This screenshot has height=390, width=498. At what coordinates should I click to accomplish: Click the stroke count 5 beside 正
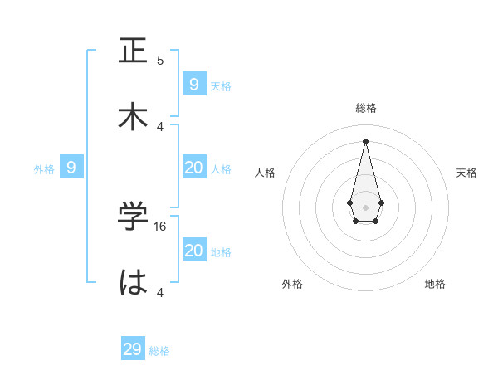click(x=160, y=60)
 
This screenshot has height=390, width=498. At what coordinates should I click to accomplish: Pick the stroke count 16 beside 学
click(x=161, y=226)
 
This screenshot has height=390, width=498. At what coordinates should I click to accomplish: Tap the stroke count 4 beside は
click(x=160, y=292)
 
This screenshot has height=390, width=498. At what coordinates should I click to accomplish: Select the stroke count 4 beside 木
click(x=160, y=126)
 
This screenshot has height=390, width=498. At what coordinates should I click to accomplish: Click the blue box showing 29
click(x=133, y=349)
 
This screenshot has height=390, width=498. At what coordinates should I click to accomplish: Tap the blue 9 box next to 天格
click(x=194, y=84)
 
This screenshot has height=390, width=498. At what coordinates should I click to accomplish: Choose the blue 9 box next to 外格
click(x=71, y=168)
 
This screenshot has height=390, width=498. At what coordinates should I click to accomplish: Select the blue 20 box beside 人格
click(x=194, y=168)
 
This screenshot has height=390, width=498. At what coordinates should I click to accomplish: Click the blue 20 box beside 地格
click(x=194, y=251)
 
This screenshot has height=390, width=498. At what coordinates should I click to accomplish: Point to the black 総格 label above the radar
click(x=365, y=108)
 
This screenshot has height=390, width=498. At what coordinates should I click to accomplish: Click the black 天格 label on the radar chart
click(x=466, y=173)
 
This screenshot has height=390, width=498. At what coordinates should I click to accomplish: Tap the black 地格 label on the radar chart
click(x=435, y=284)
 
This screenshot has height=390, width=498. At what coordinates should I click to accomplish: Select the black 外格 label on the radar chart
click(x=292, y=284)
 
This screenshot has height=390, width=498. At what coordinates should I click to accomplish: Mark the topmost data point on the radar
click(x=365, y=140)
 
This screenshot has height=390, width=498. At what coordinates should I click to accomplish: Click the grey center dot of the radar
click(x=365, y=207)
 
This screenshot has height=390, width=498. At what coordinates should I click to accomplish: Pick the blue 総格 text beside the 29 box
click(x=159, y=351)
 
